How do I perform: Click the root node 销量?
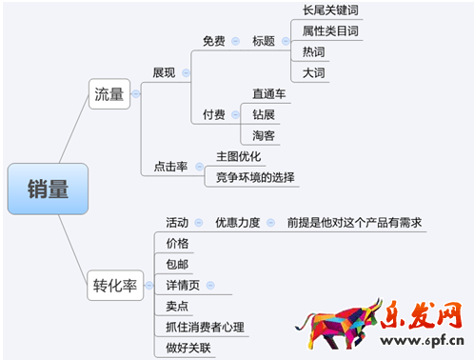[48, 189]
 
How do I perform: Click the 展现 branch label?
[164, 72]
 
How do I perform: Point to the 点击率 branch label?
[170, 166]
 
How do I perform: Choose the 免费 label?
[214, 41]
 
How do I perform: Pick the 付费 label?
[214, 115]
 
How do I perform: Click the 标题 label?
[264, 41]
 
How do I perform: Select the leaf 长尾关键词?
[330, 10]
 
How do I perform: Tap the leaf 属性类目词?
[330, 31]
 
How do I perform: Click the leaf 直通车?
[268, 94]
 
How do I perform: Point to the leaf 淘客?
[264, 136]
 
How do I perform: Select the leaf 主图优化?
[238, 156]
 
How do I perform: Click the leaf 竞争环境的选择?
[255, 177]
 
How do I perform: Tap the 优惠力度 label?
[237, 222]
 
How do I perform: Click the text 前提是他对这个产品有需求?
[354, 222]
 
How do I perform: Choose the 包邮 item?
[177, 264]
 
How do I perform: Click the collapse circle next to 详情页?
[210, 285]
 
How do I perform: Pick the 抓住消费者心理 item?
[204, 327]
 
